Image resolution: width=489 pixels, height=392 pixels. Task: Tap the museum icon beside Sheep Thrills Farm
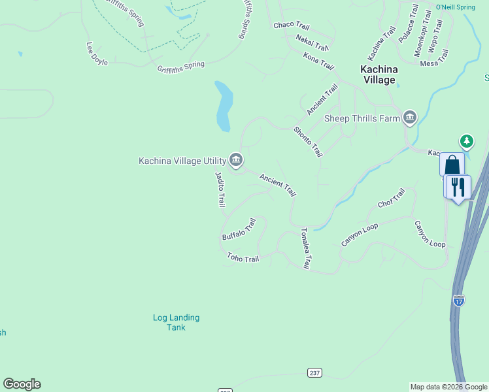click(410, 118)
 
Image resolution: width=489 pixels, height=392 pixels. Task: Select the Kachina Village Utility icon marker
click(236, 160)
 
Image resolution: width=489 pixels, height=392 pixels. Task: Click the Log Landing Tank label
click(176, 322)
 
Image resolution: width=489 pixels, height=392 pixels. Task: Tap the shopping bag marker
click(452, 164)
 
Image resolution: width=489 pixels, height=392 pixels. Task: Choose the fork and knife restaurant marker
click(458, 186)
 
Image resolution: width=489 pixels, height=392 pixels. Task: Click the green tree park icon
click(466, 140)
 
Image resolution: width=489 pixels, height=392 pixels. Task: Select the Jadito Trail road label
click(220, 189)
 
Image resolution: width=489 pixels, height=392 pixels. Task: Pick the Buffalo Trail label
click(239, 229)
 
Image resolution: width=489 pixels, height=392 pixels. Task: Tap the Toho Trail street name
click(243, 258)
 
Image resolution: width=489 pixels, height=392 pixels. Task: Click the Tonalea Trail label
click(305, 248)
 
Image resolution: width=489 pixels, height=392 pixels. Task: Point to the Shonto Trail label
click(308, 141)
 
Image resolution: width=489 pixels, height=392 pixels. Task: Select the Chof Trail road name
click(392, 198)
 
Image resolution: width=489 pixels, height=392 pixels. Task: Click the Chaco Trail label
click(291, 25)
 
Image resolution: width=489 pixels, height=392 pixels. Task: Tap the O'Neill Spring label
click(455, 7)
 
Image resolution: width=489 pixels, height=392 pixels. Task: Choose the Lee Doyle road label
click(97, 54)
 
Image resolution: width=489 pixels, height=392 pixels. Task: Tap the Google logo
click(22, 384)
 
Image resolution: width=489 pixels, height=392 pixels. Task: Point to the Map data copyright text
click(448, 387)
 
